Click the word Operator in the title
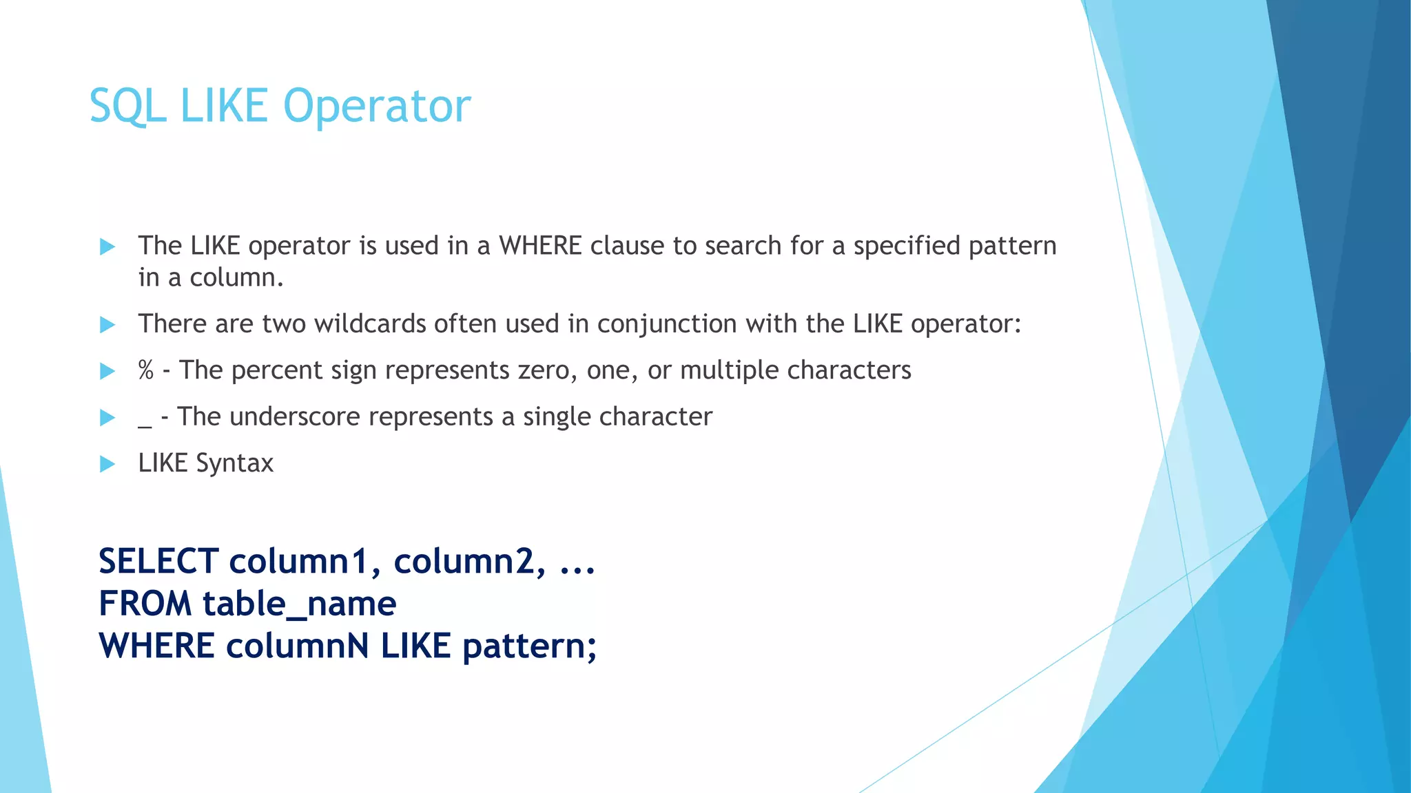click(x=377, y=107)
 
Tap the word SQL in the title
click(x=127, y=107)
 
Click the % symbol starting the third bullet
click(x=145, y=370)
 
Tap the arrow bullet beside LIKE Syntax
click(x=107, y=464)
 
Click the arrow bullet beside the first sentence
click(x=107, y=246)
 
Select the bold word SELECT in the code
click(x=158, y=561)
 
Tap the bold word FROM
click(x=145, y=604)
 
